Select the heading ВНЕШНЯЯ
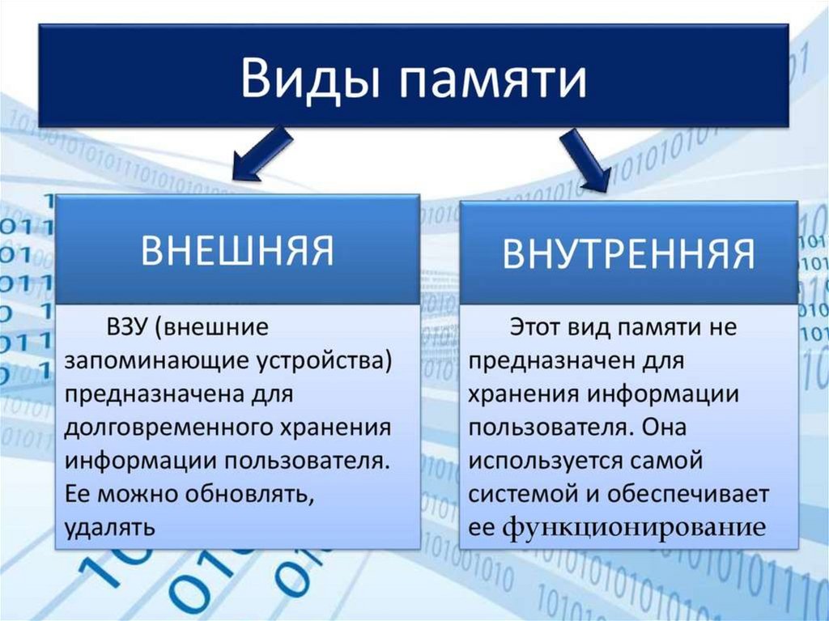point(237,249)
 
